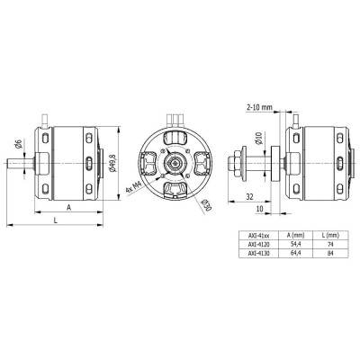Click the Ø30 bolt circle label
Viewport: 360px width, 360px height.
(x=206, y=207)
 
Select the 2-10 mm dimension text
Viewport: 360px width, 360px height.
(x=259, y=106)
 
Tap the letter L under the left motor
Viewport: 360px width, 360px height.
(x=55, y=220)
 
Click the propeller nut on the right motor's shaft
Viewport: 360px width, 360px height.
(x=244, y=163)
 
